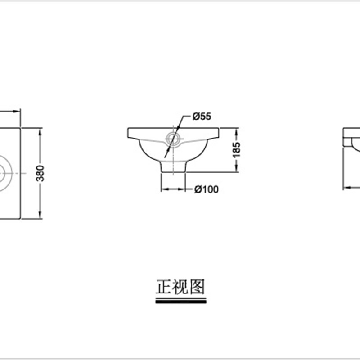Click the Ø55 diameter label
click(x=202, y=117)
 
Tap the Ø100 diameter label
click(x=207, y=189)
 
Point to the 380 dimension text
click(x=40, y=173)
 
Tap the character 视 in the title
click(x=180, y=286)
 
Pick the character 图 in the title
click(x=197, y=286)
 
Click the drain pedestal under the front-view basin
click(x=173, y=167)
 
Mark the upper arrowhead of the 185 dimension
click(x=238, y=130)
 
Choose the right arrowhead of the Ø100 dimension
click(x=184, y=189)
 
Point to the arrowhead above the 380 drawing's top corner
click(x=18, y=110)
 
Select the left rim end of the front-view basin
click(x=129, y=133)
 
